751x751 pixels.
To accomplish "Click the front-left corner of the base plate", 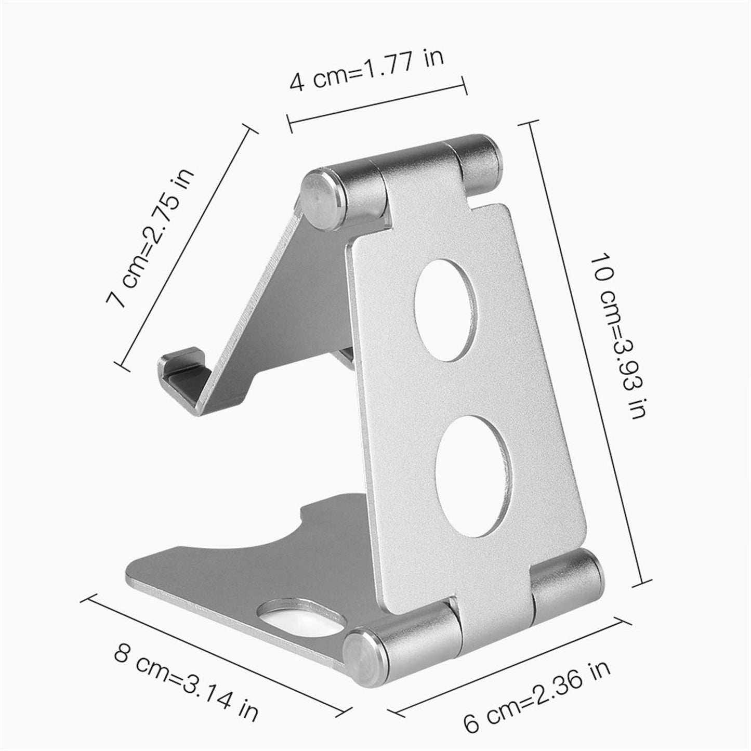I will (130, 582).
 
